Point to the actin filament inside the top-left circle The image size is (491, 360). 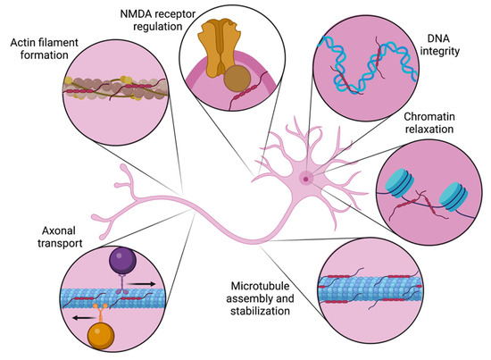click(x=111, y=89)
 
